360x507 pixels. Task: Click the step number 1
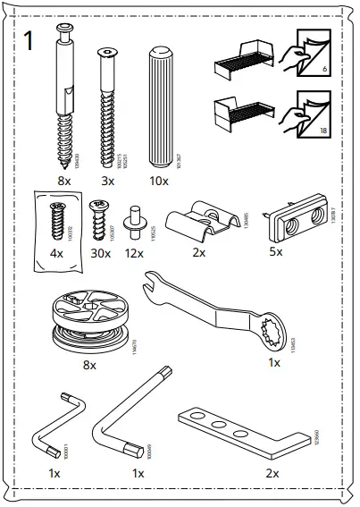[x=29, y=42]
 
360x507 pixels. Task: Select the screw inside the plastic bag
[x=55, y=219]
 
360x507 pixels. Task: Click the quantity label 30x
[x=100, y=253]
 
